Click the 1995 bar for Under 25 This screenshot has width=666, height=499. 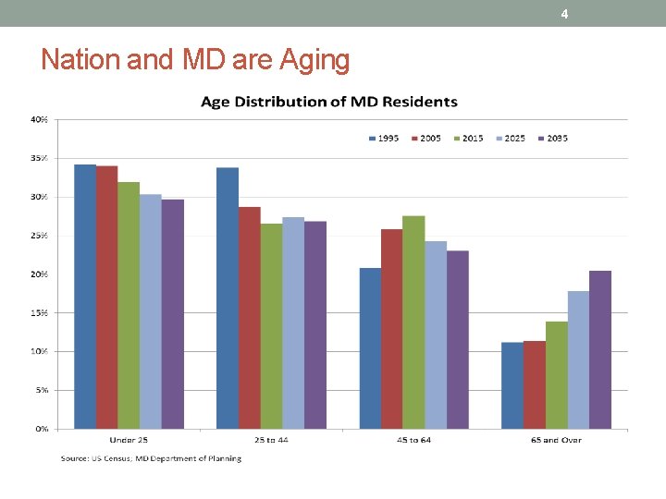[x=85, y=297]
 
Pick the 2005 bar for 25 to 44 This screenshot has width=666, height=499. [x=250, y=318]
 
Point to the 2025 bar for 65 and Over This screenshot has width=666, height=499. [x=578, y=359]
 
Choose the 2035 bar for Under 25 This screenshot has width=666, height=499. [x=172, y=314]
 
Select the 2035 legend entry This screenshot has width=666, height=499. [x=552, y=139]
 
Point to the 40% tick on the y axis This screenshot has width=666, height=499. [x=40, y=120]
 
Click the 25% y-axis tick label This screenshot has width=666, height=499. [x=40, y=236]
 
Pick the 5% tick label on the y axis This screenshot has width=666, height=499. [x=42, y=390]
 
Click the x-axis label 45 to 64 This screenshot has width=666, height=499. [x=413, y=440]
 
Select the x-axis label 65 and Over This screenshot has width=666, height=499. [x=557, y=440]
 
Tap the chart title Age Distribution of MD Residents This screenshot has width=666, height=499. [x=329, y=102]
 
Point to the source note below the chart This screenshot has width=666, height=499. [x=151, y=458]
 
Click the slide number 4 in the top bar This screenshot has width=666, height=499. [x=564, y=14]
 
